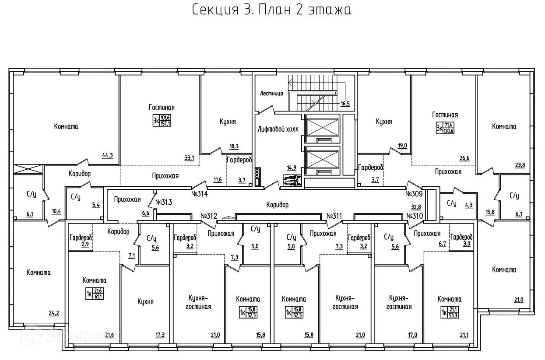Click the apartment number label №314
coord(199,193)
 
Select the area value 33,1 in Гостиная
coord(189,158)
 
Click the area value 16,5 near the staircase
coord(345,104)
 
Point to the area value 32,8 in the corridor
coord(415,207)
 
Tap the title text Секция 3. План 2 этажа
coord(272,10)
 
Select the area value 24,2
coord(54,313)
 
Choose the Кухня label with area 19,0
coord(383,122)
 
